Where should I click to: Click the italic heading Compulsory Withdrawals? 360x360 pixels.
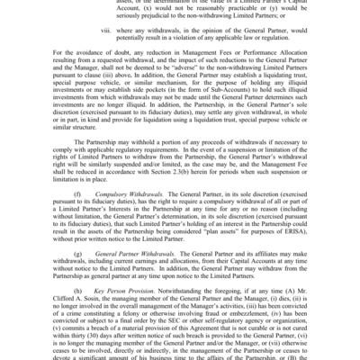tap(127, 193)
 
